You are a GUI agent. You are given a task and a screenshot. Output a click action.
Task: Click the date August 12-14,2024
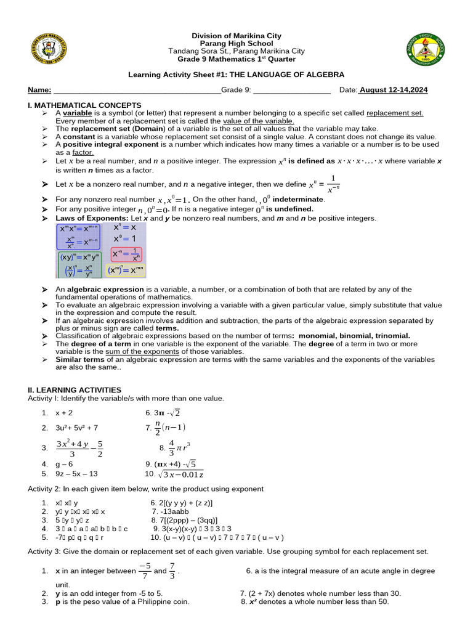point(394,90)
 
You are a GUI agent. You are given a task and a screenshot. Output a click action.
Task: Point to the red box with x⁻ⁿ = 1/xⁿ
point(126,254)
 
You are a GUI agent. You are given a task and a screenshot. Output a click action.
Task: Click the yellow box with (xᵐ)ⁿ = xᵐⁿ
point(126,271)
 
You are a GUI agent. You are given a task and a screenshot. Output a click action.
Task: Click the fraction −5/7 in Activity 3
point(145,571)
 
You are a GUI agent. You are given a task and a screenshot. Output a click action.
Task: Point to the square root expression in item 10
point(182,474)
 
